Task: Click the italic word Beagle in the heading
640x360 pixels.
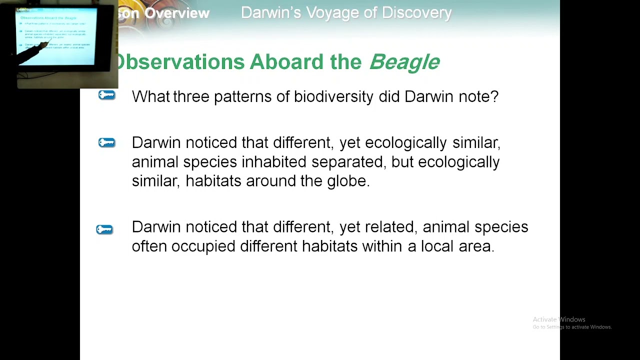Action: (404, 62)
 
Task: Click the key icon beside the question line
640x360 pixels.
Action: (106, 95)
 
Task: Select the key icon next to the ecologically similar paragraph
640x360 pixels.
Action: (106, 143)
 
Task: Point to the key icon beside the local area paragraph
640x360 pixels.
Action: (104, 229)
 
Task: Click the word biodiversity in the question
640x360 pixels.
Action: (333, 96)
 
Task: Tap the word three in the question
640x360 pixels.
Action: (191, 96)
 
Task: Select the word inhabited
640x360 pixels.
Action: (274, 162)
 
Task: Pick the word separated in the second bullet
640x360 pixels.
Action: (349, 162)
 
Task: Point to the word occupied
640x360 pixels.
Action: (203, 246)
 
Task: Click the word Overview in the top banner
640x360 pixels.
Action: (177, 13)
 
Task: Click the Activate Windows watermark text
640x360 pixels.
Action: (558, 319)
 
